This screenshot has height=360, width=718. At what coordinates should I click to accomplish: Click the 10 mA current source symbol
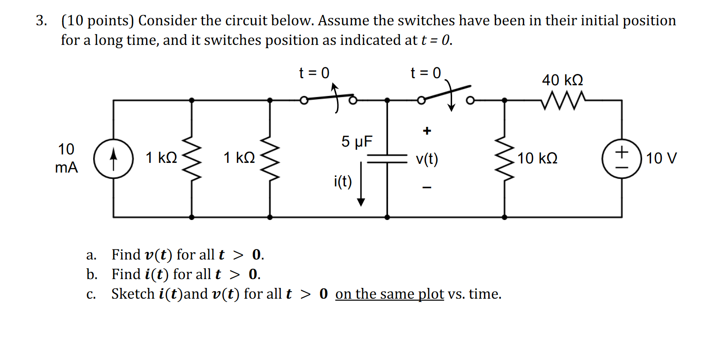point(113,159)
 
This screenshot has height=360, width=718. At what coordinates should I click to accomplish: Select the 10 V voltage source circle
point(622,159)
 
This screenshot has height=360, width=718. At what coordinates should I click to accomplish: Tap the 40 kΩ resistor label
point(563,80)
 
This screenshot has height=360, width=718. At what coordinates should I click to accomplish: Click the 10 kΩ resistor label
point(537,159)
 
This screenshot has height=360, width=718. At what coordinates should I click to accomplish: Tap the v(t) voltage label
point(427,160)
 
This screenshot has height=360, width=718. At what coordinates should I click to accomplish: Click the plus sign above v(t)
point(426,131)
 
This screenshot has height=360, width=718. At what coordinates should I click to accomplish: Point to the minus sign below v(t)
point(426,188)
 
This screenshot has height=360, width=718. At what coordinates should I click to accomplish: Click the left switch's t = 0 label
point(314,73)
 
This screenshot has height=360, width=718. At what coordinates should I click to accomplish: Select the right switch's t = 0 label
point(425,73)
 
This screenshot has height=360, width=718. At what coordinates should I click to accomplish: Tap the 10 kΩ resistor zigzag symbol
point(504,159)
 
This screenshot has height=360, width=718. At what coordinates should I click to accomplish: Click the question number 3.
point(42,21)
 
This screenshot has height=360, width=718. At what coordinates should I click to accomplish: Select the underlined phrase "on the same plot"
point(389,294)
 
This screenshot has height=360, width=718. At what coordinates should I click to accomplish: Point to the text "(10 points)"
point(97,21)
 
